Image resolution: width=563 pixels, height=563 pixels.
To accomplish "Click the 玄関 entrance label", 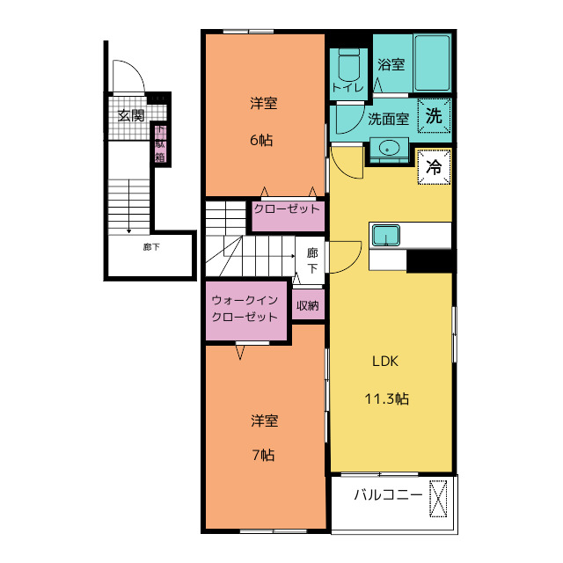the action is (x=131, y=115).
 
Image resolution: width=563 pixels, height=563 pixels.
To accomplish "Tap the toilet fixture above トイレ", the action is (x=349, y=65).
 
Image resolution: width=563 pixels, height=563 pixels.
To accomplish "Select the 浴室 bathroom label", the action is (x=391, y=64).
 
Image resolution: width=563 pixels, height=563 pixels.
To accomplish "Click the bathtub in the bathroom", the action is (x=432, y=62).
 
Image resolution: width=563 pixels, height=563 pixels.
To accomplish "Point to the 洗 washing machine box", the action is (x=434, y=115).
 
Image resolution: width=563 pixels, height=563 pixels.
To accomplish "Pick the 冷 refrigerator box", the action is (x=434, y=167).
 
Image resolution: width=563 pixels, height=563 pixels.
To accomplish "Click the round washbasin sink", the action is (x=388, y=147).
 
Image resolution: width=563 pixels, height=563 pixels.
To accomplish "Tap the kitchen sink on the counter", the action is (x=385, y=236).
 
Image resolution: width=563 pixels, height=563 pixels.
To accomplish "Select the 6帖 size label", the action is (x=261, y=140).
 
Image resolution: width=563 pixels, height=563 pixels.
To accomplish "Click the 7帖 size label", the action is (x=264, y=456).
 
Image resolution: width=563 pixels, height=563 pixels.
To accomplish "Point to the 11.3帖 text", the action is (x=387, y=398).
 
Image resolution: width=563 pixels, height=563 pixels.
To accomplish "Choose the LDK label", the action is (x=385, y=362).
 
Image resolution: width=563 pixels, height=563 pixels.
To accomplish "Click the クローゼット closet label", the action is (x=287, y=209).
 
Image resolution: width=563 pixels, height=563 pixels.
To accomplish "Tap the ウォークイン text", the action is (x=245, y=300).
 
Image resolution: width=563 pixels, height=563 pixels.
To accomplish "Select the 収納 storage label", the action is (x=308, y=305).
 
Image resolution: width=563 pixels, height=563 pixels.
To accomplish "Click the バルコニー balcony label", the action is (x=388, y=495).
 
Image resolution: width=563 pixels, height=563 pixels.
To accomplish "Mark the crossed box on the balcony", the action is (x=438, y=499).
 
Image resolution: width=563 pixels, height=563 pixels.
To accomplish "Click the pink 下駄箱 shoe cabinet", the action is (x=160, y=143).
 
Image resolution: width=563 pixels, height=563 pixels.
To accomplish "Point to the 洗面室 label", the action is (x=389, y=119).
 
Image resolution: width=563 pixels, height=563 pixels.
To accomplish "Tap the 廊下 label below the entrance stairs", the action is (x=151, y=247).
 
